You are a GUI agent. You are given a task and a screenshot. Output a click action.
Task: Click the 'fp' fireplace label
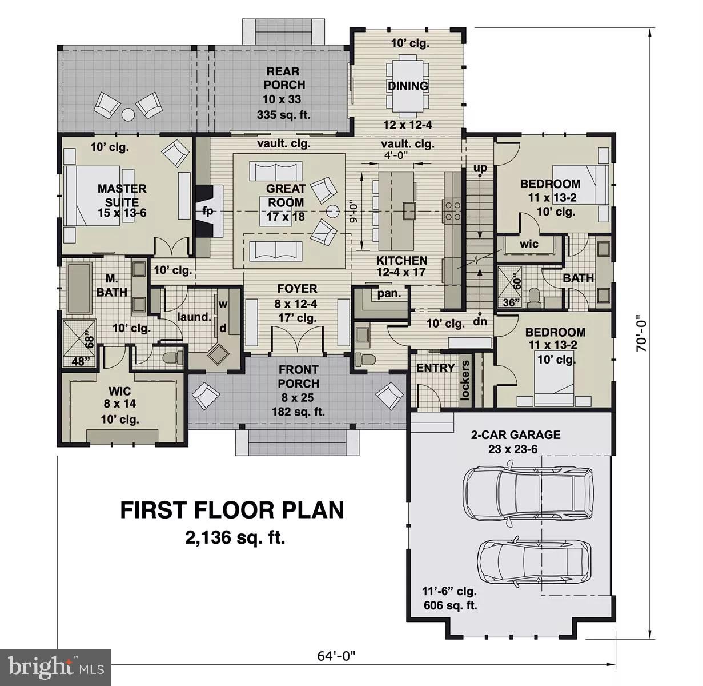pos(207,211)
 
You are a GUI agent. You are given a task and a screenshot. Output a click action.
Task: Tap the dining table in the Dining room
pos(408,85)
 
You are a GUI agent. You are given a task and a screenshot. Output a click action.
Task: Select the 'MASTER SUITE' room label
pos(122,195)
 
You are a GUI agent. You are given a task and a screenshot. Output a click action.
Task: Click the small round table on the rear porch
pos(128,114)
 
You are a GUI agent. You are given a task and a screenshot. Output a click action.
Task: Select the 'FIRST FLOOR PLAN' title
pos(232,509)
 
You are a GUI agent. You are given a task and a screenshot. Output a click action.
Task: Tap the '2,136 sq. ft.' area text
pos(235,537)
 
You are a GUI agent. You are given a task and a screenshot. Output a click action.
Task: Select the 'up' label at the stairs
pos(480,168)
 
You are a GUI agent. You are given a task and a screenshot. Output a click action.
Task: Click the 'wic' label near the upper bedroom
pos(529,244)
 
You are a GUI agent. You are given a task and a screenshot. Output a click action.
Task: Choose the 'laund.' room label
pos(194,316)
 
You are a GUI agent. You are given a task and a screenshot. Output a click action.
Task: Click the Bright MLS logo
pos(56,667)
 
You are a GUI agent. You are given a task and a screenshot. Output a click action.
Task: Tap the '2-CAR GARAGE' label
pos(515,434)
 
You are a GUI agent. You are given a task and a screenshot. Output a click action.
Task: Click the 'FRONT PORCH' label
pos(299,377)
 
